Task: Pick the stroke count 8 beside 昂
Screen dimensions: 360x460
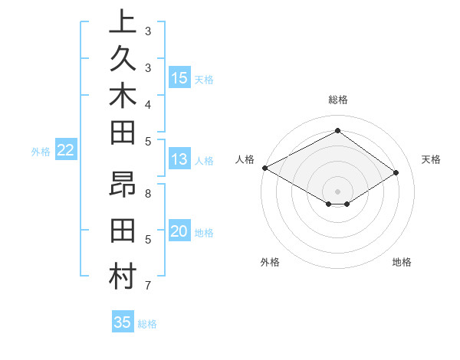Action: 148,193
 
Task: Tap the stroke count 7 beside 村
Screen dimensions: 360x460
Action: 148,286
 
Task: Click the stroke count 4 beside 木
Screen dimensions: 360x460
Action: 148,103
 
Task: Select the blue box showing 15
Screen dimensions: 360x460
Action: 179,77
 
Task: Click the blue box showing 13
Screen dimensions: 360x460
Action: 179,159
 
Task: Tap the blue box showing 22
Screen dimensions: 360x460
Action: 66,150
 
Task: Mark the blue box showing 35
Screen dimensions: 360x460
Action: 122,322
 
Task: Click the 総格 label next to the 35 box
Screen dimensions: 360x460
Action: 147,324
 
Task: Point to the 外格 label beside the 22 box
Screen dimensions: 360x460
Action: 41,152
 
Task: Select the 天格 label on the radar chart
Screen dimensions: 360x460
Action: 431,159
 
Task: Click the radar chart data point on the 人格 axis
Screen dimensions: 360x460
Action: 264,168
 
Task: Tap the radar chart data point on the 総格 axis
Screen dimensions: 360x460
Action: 337,131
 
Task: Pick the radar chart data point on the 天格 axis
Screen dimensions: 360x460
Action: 396,172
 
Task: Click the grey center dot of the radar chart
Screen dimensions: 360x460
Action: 337,191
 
